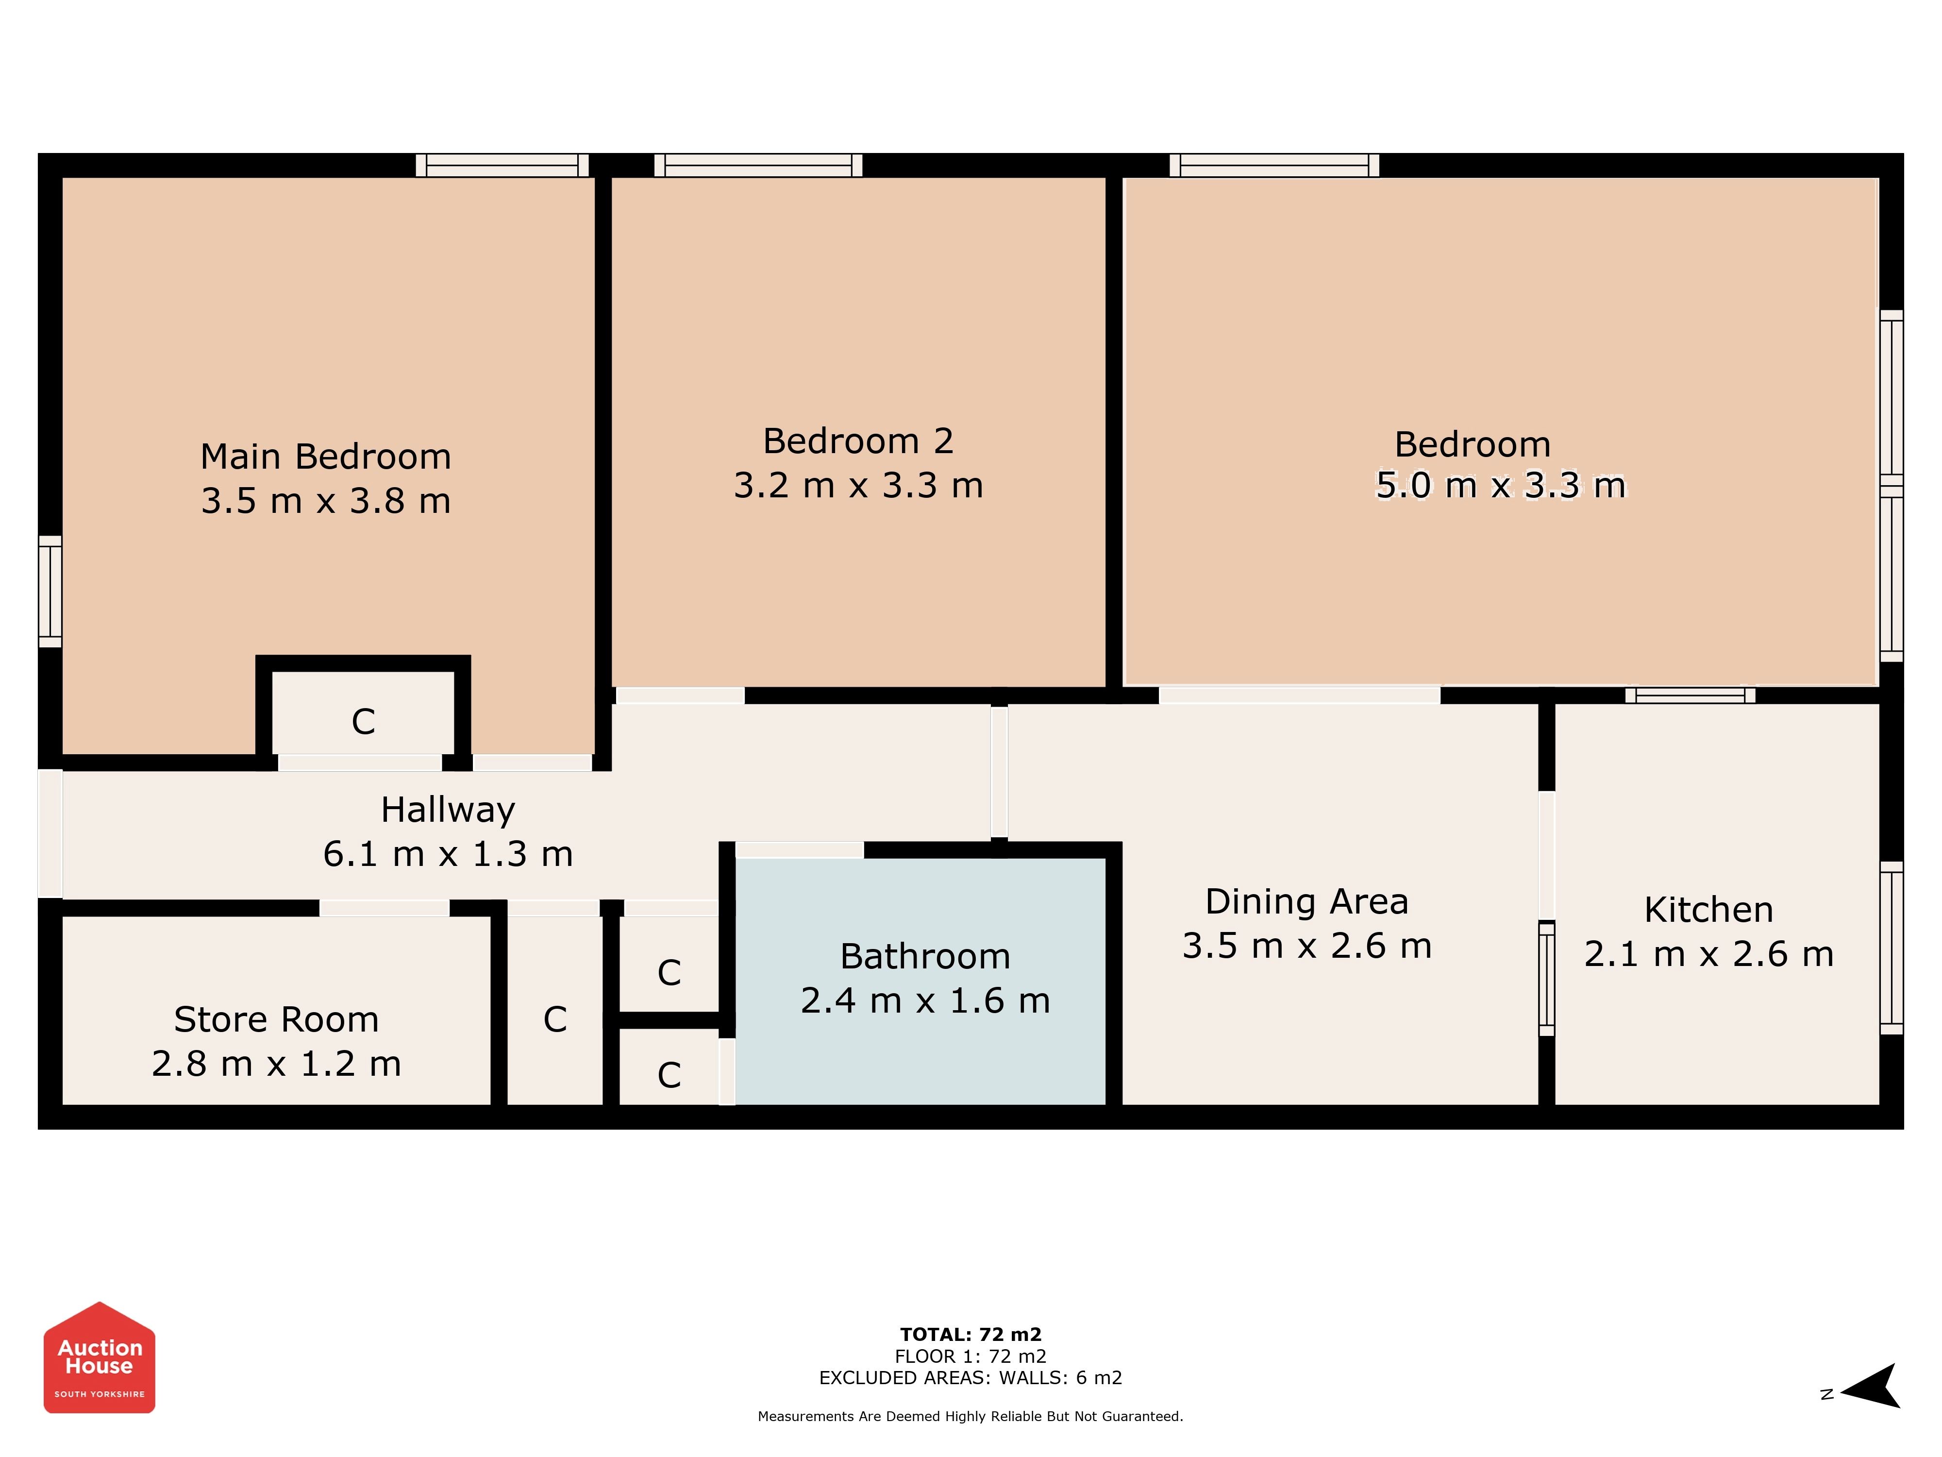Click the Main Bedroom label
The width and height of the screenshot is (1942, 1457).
[326, 457]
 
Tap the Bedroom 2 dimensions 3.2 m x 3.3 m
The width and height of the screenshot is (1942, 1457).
[859, 485]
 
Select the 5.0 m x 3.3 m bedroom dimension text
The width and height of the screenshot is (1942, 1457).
[1500, 485]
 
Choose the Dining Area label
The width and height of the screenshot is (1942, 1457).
[1306, 901]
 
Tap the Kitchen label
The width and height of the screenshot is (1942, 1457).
[1708, 910]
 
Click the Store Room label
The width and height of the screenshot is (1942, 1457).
[277, 1019]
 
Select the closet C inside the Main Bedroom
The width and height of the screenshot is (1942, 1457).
[364, 712]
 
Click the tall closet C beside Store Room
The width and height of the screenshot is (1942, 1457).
[555, 1010]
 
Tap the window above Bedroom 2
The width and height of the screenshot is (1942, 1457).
[758, 165]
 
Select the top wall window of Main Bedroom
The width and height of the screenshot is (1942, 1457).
[502, 165]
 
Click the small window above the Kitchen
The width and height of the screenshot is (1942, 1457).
[1690, 695]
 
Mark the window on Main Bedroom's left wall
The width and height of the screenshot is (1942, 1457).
[50, 591]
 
